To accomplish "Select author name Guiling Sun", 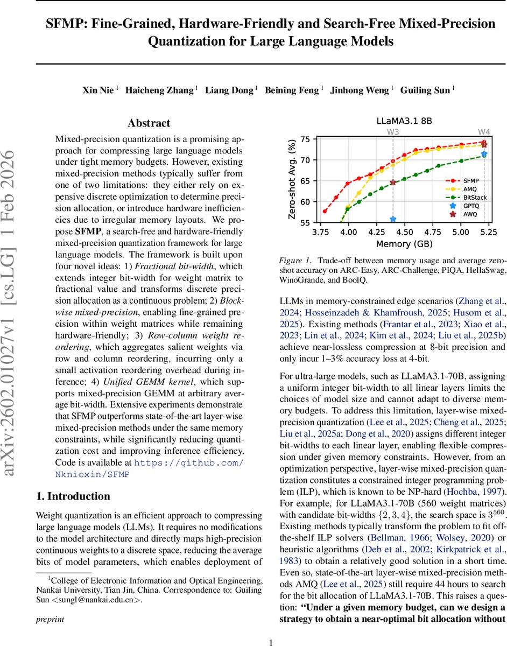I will coord(425,90).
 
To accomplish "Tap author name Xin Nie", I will coord(97,90).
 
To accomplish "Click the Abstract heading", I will coord(149,123).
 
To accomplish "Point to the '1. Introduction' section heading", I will coord(73,496).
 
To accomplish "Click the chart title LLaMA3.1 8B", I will coord(404,122).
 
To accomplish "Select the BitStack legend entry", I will coord(474,198).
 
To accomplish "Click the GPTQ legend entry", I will coord(471,206).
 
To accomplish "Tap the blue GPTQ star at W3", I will coord(393,219).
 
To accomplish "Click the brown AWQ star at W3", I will coord(393,182).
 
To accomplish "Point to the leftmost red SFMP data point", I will coord(325,211).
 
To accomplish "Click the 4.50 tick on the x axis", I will coord(404,232).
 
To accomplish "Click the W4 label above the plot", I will coord(484,132).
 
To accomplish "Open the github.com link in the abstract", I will coord(188,464).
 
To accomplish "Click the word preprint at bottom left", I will coord(50,620).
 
